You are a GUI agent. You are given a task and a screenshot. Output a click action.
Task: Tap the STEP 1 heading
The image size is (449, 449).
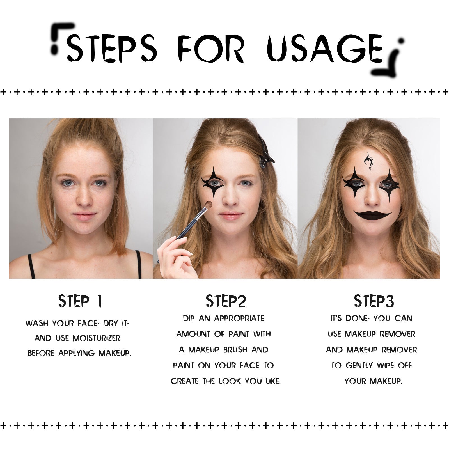point(80,301)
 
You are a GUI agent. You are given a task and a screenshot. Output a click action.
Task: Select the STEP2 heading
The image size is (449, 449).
point(226,301)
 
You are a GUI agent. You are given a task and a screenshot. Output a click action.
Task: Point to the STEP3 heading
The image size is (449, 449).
point(374,301)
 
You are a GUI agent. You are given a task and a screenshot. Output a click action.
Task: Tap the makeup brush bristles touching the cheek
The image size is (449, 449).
point(208,206)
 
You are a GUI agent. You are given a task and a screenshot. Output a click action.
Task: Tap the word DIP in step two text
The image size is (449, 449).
point(189,319)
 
